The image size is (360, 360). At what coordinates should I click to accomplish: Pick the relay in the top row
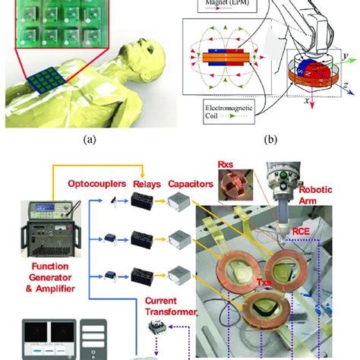tap(144, 201)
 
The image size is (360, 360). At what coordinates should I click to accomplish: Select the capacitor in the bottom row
tap(187, 273)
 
